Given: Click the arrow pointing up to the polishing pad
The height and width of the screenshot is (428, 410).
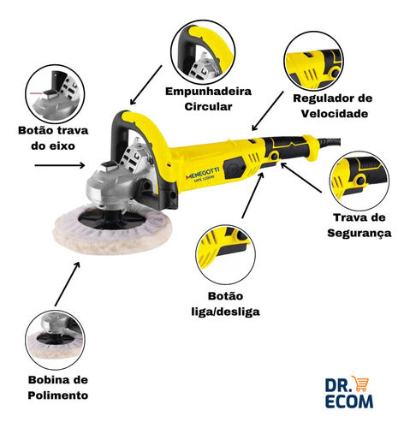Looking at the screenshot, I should pos(68,282).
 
